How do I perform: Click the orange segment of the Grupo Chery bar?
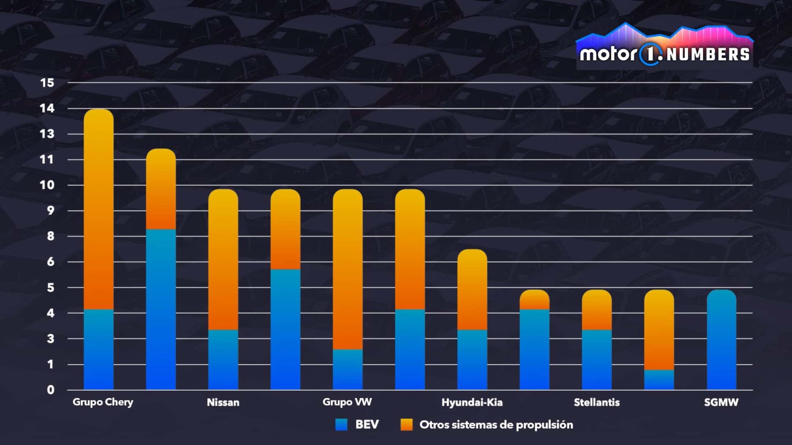pyautogui.click(x=99, y=209)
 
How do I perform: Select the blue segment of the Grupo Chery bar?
pyautogui.click(x=99, y=349)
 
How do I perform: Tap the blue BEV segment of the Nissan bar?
pyautogui.click(x=223, y=360)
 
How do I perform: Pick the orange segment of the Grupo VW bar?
pyautogui.click(x=347, y=269)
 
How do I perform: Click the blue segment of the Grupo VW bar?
pyautogui.click(x=347, y=370)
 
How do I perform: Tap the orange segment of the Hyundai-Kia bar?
pyautogui.click(x=472, y=289)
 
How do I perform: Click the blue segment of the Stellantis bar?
pyautogui.click(x=597, y=360)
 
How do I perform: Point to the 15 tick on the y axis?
pyautogui.click(x=47, y=83)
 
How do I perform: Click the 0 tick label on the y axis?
pyautogui.click(x=50, y=390)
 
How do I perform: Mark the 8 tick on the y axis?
pyautogui.click(x=50, y=236)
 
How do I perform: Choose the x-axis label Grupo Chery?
pyautogui.click(x=103, y=402)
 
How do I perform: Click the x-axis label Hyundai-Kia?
pyautogui.click(x=472, y=403)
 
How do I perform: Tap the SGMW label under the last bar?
pyautogui.click(x=721, y=403)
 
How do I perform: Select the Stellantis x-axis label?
pyautogui.click(x=597, y=403)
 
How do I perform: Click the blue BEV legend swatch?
pyautogui.click(x=342, y=425)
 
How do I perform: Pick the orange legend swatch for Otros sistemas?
pyautogui.click(x=407, y=425)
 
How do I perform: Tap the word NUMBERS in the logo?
pyautogui.click(x=708, y=54)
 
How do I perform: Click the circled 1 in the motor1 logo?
pyautogui.click(x=650, y=54)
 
